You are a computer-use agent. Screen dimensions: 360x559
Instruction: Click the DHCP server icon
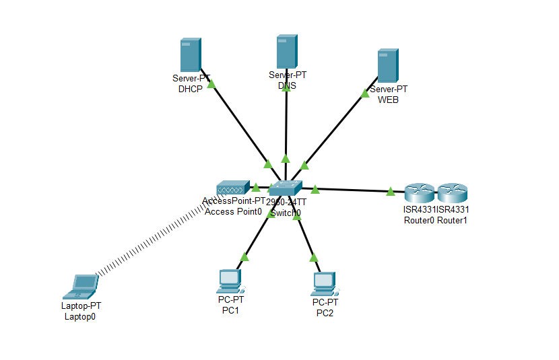(x=190, y=55)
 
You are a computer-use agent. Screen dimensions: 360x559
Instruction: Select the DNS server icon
(x=287, y=52)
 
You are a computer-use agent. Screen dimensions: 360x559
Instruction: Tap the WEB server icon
(x=387, y=65)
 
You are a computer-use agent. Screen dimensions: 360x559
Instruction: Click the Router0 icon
(x=420, y=194)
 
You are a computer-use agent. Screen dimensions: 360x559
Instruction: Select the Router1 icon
(x=452, y=194)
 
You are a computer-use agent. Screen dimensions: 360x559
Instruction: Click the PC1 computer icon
(x=229, y=281)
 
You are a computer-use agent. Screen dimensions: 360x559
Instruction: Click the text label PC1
(x=230, y=310)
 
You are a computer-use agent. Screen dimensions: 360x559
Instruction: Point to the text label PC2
(x=325, y=313)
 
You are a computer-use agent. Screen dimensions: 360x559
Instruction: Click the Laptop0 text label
(x=79, y=316)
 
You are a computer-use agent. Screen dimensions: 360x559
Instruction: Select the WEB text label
(x=388, y=100)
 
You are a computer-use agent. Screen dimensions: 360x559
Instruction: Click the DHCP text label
(x=191, y=89)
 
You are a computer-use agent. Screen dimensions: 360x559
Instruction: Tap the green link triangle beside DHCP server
(x=211, y=85)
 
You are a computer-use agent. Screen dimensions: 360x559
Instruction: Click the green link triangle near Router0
(x=391, y=192)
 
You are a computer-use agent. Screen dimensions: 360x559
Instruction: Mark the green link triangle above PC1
(x=244, y=256)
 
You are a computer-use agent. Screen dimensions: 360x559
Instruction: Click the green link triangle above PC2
(x=313, y=257)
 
